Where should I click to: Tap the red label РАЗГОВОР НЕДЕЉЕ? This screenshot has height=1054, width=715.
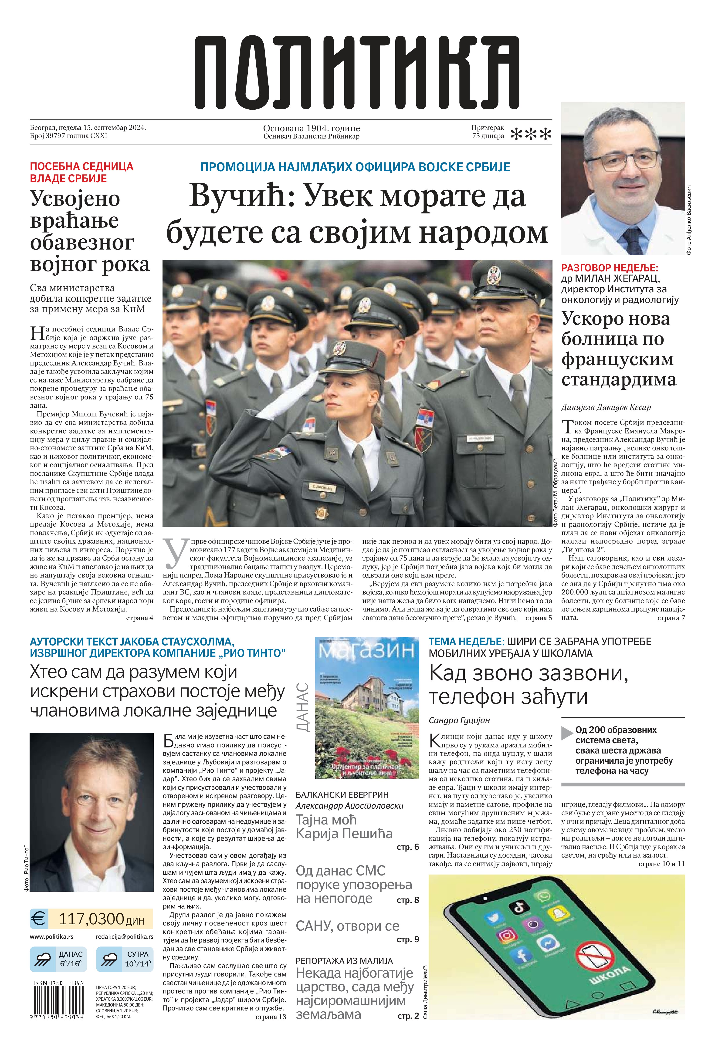tap(609, 268)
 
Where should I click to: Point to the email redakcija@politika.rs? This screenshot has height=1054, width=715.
tap(124, 936)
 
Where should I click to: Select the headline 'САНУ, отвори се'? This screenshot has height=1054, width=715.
tap(347, 926)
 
